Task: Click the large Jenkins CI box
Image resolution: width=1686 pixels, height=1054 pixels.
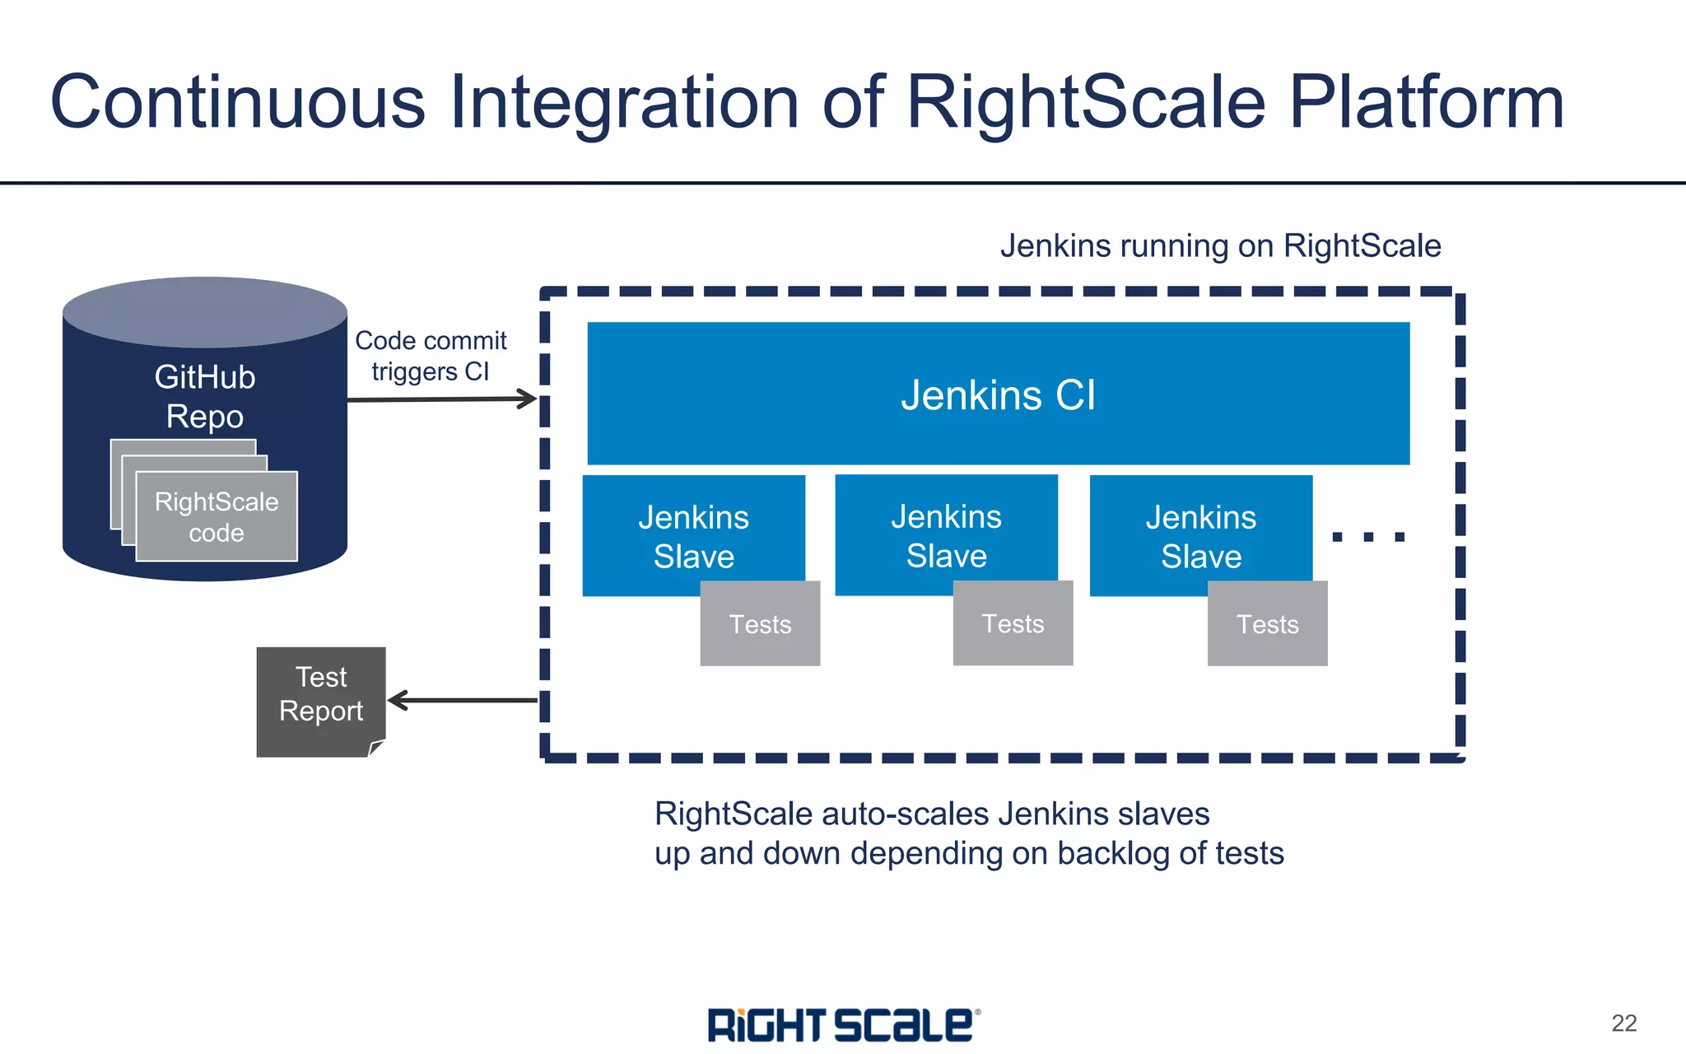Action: click(x=998, y=394)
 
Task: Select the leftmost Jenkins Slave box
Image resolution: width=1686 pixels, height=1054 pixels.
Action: click(x=693, y=535)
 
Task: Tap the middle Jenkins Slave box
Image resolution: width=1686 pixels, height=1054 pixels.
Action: click(x=946, y=534)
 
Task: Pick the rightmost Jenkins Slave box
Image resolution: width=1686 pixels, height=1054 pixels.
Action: click(x=1200, y=535)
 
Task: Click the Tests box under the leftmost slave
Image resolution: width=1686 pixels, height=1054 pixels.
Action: click(x=760, y=624)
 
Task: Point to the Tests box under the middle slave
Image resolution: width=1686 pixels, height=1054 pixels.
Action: click(x=1013, y=623)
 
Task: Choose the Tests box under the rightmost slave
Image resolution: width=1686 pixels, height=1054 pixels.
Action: click(x=1267, y=624)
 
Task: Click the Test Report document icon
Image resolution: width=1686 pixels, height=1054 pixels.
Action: click(x=320, y=701)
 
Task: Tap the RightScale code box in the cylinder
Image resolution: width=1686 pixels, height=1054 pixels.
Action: click(x=217, y=517)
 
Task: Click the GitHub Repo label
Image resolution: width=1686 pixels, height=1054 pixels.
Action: click(x=205, y=396)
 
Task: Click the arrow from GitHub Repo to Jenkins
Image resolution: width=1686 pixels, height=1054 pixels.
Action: click(x=442, y=399)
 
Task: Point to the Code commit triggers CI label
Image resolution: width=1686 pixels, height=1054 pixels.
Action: click(x=431, y=356)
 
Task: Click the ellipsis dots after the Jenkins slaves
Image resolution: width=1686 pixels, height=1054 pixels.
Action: click(x=1367, y=537)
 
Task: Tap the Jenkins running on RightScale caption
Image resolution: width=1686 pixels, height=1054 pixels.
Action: click(x=1220, y=245)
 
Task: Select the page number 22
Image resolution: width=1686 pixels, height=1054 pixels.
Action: click(x=1623, y=1023)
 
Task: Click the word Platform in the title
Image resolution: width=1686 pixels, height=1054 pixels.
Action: click(x=1426, y=102)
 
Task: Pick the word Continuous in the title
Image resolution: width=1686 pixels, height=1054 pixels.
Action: click(x=238, y=102)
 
